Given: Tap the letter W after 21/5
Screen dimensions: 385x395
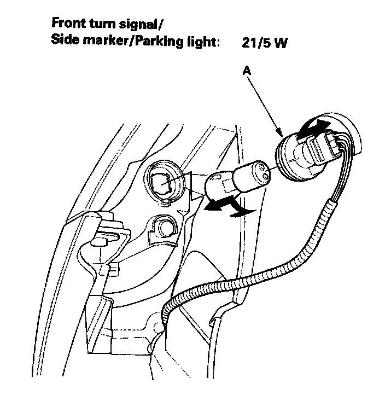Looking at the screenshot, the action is click(280, 43).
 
